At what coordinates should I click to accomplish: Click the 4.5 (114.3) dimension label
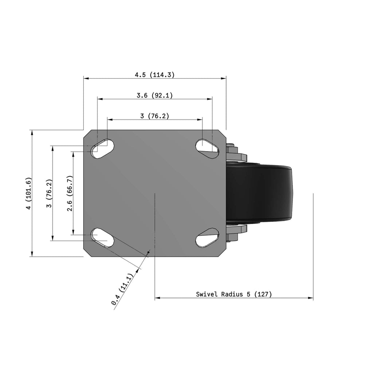154,75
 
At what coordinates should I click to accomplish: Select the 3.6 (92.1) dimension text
154,95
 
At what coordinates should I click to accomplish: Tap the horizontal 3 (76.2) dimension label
154,116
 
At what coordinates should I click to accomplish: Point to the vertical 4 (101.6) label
28,193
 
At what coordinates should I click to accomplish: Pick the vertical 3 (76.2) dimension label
49,193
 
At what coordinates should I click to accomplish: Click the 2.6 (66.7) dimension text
70,193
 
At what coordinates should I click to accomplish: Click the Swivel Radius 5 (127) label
234,294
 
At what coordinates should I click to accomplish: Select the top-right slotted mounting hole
207,149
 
